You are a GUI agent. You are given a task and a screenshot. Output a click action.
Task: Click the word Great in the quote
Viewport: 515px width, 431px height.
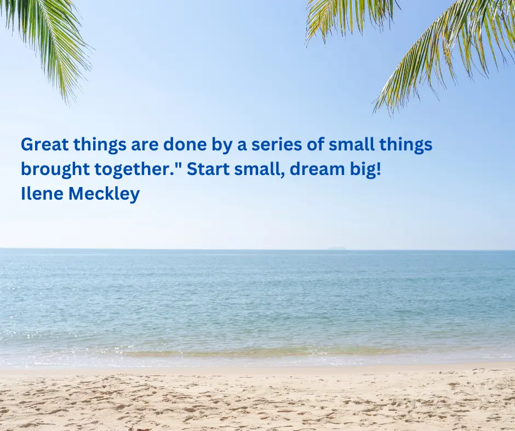coord(45,144)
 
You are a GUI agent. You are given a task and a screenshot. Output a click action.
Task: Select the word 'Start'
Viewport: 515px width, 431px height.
coord(208,169)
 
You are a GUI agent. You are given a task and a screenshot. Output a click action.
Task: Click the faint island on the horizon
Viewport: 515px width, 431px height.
coord(336,248)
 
